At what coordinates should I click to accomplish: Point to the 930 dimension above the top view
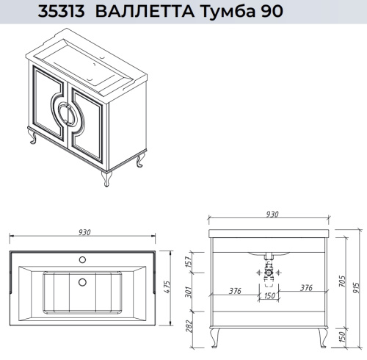[x=83, y=232]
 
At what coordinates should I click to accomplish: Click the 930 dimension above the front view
[x=272, y=215]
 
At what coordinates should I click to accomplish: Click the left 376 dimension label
[x=235, y=289]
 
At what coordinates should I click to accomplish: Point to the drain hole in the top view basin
[x=83, y=282]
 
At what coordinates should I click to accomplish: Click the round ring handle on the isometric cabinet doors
[x=63, y=116]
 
